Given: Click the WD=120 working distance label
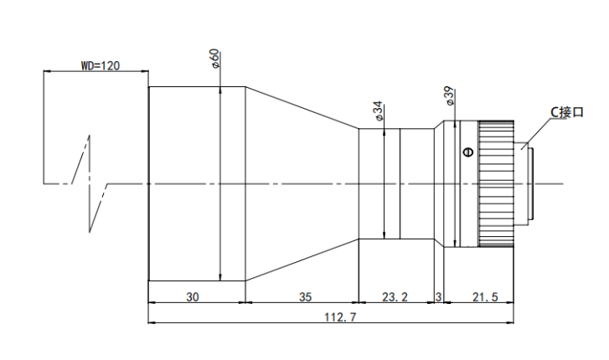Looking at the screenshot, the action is point(101,65).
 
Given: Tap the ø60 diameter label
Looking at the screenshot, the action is point(215,59).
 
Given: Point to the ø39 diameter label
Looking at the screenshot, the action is point(449,95).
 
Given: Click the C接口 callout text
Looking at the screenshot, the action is point(567,112).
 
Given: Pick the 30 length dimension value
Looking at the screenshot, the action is point(193,297).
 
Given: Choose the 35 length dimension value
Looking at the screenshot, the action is point(306,297).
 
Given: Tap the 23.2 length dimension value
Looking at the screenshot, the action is point(395,297).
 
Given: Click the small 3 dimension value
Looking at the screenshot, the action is point(438,297).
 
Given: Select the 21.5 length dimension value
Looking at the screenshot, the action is point(485,297).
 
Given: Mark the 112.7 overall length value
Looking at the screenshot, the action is point(340,317).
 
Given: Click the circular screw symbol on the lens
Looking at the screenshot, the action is point(469,152).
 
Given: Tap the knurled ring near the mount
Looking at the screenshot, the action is point(497,183).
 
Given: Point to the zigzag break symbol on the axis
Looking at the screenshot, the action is point(90,183).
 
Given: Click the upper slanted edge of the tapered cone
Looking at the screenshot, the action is point(302,107).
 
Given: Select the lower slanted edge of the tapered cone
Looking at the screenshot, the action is point(302,260).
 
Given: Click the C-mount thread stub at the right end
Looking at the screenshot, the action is point(524,183).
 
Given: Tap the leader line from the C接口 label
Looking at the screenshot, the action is point(537,134).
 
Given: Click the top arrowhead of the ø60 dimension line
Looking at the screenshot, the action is point(219,90).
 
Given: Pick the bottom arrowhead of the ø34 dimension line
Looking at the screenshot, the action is point(384,235).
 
